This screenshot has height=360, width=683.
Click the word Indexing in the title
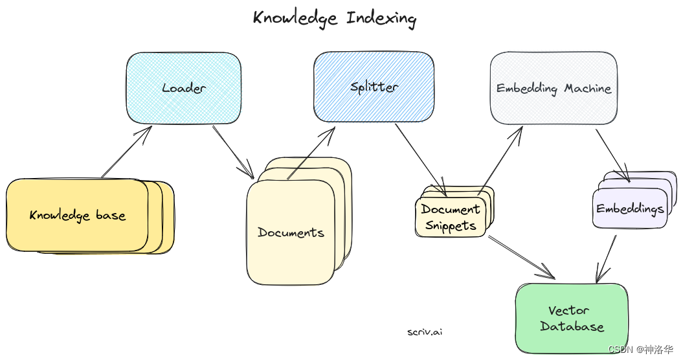click(x=381, y=17)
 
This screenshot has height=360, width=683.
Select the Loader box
click(x=184, y=88)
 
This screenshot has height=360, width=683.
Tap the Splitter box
click(x=374, y=87)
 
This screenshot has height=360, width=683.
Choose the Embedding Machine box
click(x=554, y=89)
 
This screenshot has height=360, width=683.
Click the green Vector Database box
click(x=572, y=319)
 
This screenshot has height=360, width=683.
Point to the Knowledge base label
click(x=77, y=216)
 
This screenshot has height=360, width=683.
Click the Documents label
click(x=291, y=232)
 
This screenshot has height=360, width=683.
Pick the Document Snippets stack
click(x=451, y=217)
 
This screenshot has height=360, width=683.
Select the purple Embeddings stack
click(x=630, y=209)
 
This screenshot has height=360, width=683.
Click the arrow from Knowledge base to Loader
click(x=126, y=152)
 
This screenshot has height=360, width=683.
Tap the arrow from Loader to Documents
click(x=233, y=152)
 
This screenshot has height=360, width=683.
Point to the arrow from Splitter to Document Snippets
click(x=421, y=159)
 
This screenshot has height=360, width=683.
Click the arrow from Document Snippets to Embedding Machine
click(x=500, y=159)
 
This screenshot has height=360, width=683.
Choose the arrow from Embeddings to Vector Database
click(x=606, y=259)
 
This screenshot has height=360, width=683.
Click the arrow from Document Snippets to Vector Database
click(x=521, y=256)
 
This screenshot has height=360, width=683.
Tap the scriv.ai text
click(x=425, y=332)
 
